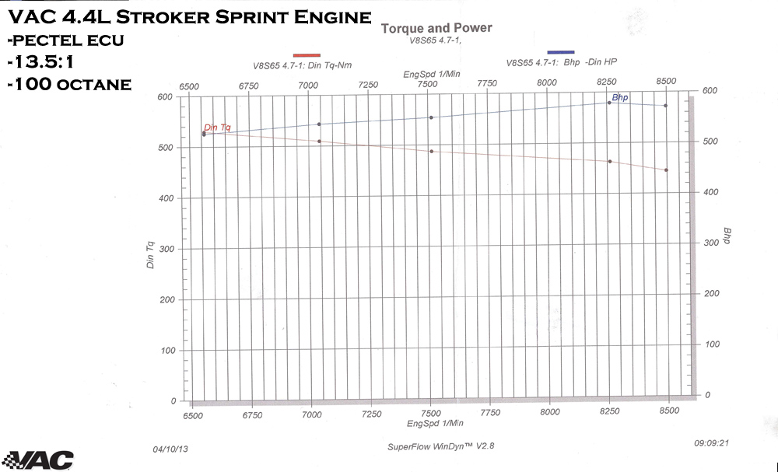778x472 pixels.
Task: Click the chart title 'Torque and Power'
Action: (x=436, y=29)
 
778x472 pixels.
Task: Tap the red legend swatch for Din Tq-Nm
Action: (x=307, y=54)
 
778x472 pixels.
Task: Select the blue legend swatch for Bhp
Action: (x=560, y=52)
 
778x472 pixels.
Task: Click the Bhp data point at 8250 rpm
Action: (x=609, y=103)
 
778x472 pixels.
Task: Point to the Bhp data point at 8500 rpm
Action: (x=665, y=106)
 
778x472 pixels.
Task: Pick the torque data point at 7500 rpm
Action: (x=431, y=151)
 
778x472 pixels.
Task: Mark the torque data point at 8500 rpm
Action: (x=666, y=170)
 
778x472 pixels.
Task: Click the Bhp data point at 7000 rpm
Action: (x=319, y=124)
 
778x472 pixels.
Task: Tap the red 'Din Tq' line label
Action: (x=217, y=127)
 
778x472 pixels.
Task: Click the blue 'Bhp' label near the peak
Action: (x=620, y=97)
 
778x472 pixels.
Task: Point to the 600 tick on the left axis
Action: (x=164, y=97)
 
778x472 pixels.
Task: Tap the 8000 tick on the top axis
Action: (x=548, y=82)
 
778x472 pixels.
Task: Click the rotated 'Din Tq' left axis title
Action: (x=150, y=256)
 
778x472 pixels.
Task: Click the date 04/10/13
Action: (x=170, y=449)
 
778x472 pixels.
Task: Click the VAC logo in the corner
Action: (x=38, y=459)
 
